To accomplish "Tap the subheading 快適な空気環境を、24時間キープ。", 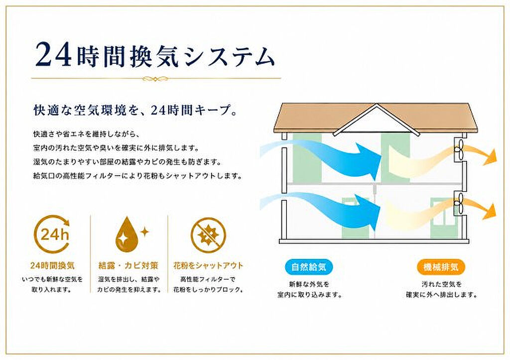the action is click(x=135, y=111).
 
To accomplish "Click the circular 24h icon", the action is click(x=52, y=234).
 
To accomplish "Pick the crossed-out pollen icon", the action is click(x=208, y=235).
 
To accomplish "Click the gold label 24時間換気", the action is click(x=52, y=266).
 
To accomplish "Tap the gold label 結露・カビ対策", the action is click(x=128, y=266).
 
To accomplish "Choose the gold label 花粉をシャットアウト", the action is click(x=208, y=266).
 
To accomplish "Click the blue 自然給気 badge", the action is click(x=308, y=267).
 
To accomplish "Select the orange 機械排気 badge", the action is click(x=441, y=267).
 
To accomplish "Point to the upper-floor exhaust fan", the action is click(x=458, y=150).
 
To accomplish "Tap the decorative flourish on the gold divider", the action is click(x=155, y=78).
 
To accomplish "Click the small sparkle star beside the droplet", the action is click(x=144, y=232).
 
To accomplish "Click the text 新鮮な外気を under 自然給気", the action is click(x=309, y=284).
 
